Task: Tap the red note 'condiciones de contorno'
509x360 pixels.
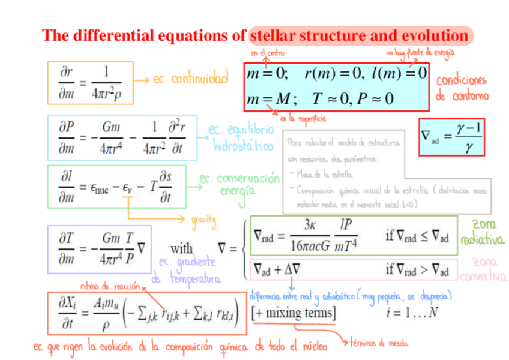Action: point(462,88)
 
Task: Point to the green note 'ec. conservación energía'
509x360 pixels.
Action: point(239,184)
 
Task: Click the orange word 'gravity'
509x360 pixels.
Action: point(203,221)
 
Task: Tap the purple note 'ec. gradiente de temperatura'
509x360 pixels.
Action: point(186,271)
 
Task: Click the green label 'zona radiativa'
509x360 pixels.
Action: point(481,233)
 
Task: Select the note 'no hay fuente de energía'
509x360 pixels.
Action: point(420,53)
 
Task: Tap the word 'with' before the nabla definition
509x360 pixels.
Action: point(182,248)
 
